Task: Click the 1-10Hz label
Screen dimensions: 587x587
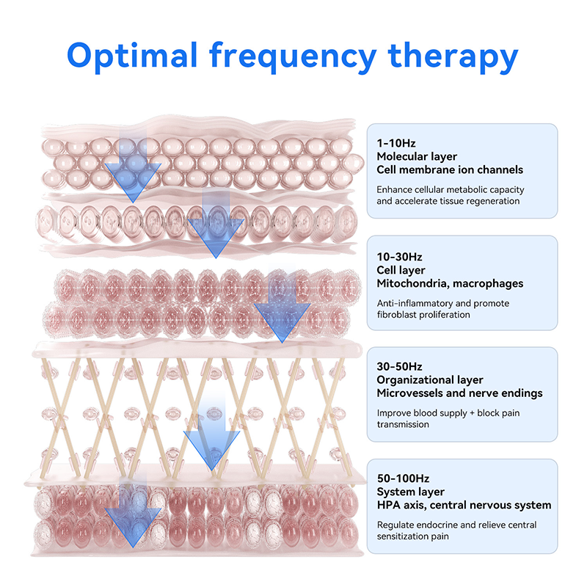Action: (x=396, y=143)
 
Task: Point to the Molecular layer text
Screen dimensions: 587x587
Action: (x=417, y=156)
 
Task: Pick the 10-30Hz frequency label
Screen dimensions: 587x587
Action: (x=399, y=257)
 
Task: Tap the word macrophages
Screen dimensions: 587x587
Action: (x=491, y=283)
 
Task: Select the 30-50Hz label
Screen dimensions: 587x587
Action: (x=400, y=366)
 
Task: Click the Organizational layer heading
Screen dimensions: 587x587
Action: (x=430, y=379)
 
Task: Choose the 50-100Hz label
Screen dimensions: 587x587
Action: (x=403, y=478)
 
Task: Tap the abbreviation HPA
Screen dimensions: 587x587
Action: (x=389, y=505)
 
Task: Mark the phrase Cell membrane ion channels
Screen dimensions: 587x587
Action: (x=450, y=169)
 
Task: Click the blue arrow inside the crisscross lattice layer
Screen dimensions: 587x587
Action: (x=212, y=440)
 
